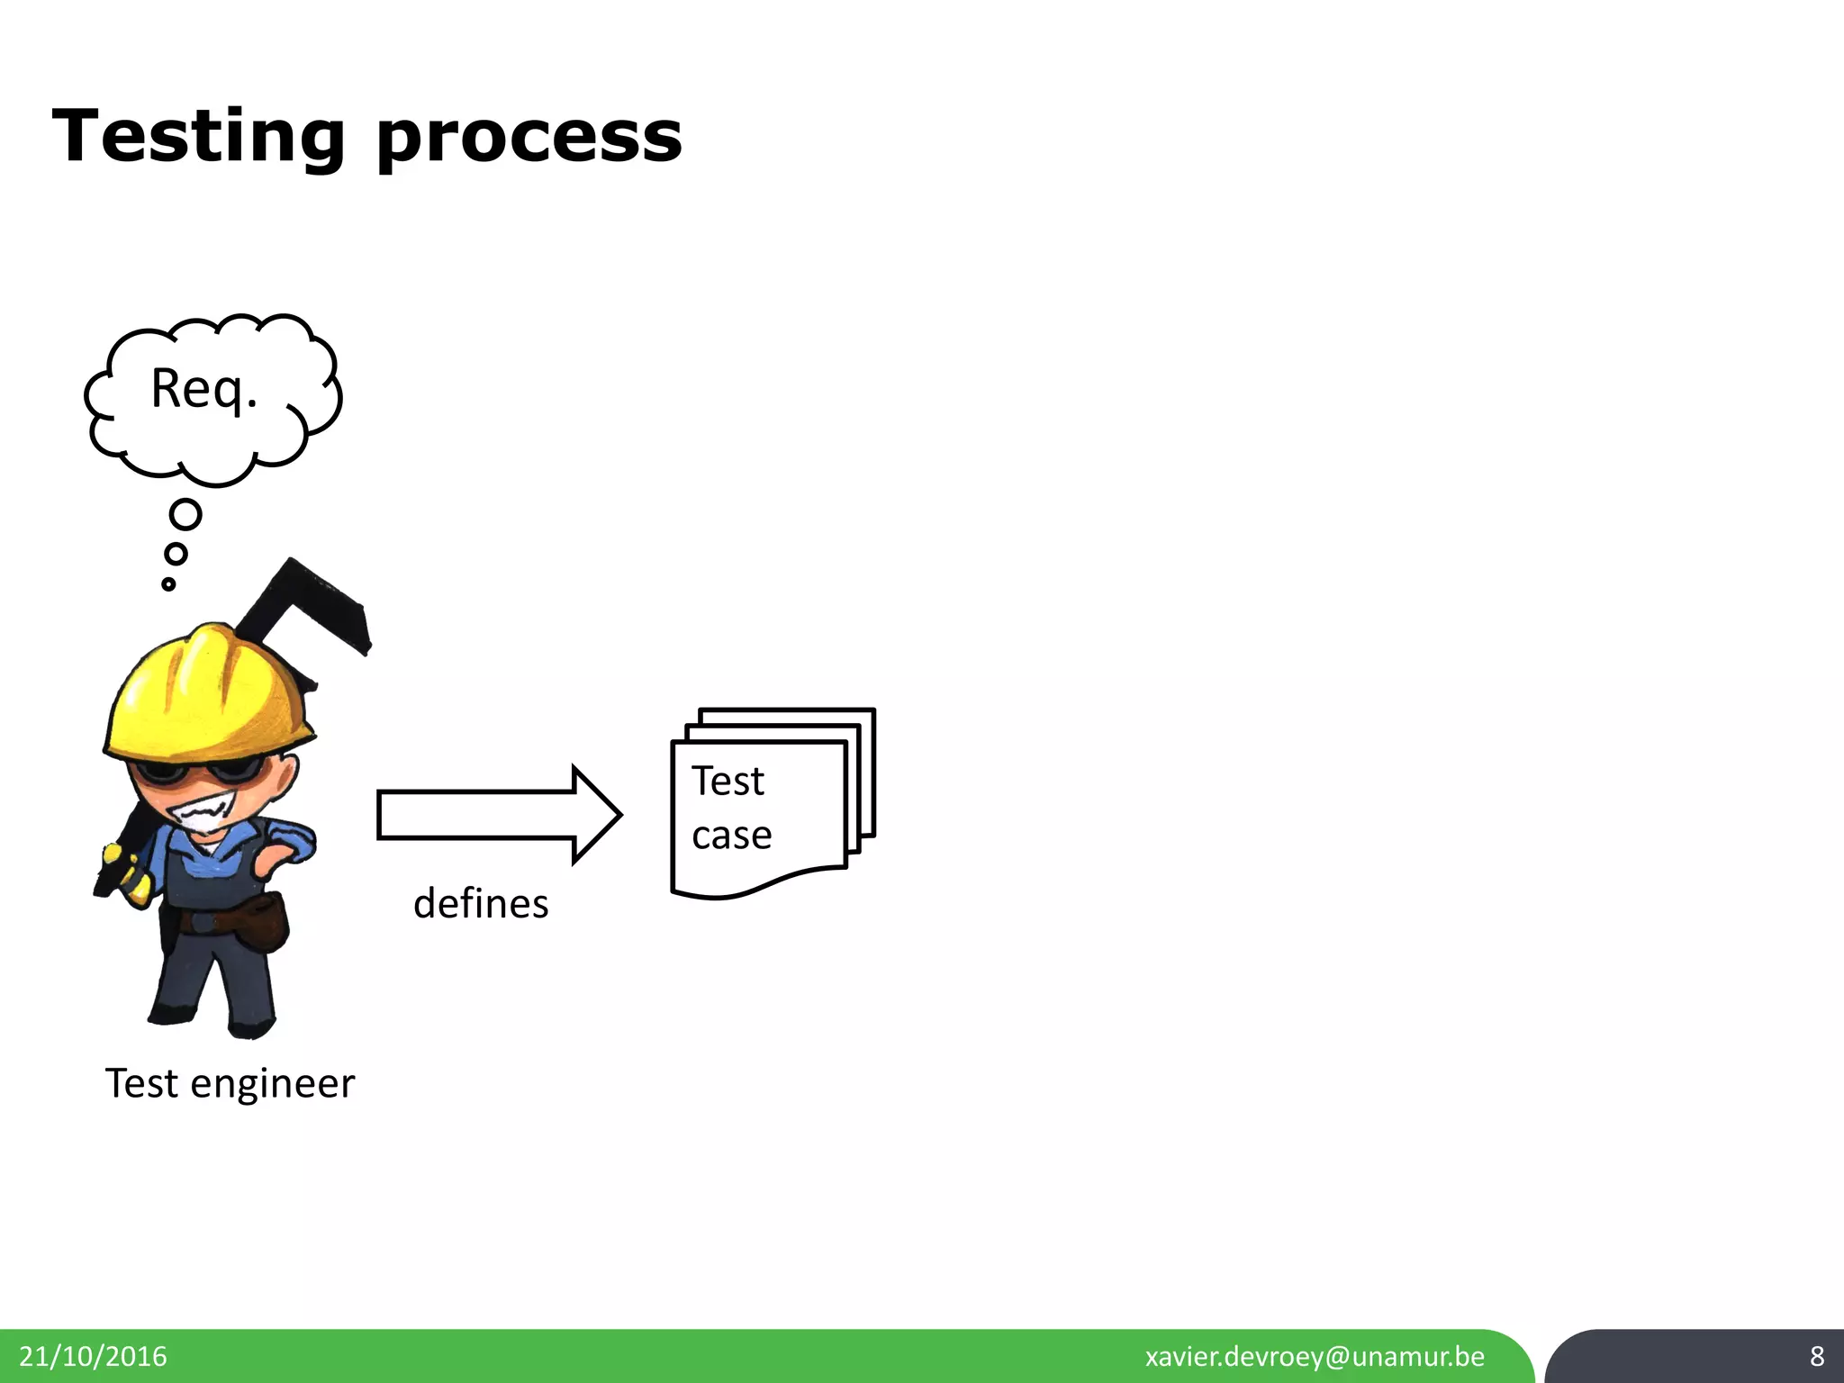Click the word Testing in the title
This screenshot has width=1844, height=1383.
point(198,137)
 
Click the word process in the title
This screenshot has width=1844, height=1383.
point(529,140)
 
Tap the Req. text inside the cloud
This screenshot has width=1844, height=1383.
point(204,389)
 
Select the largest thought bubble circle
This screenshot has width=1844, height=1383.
point(185,515)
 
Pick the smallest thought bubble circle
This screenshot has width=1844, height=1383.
point(168,584)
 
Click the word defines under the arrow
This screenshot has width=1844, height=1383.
point(481,904)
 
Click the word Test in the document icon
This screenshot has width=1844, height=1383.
point(728,781)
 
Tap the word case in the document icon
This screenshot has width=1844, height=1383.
point(731,836)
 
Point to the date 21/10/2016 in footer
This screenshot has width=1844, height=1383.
point(93,1356)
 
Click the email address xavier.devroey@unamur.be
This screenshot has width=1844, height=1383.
point(1315,1356)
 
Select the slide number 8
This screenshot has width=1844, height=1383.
point(1817,1356)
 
